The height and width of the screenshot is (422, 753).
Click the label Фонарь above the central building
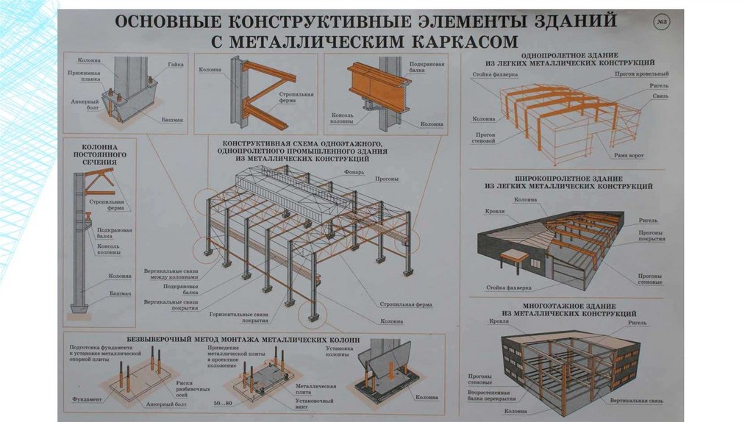353,172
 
